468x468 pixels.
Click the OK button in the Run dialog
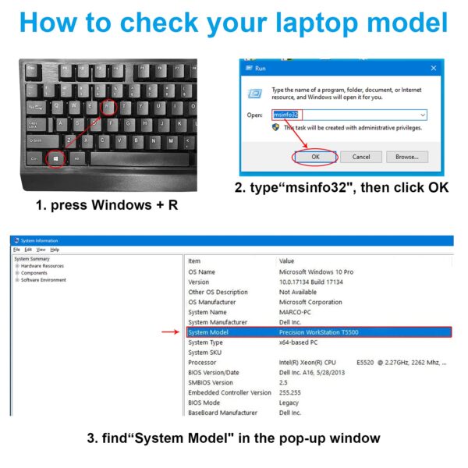coord(315,156)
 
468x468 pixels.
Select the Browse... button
coord(406,156)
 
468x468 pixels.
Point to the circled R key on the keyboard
coord(109,105)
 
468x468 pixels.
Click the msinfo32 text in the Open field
coord(285,115)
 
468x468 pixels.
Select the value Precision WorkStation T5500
coord(318,332)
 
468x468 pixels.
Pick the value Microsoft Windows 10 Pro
coord(316,271)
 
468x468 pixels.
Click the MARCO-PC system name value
coord(297,312)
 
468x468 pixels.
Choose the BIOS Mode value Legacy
coord(290,402)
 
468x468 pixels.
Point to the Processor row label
coord(204,363)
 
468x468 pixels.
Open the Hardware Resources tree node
coord(42,266)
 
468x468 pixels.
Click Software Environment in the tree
coord(44,280)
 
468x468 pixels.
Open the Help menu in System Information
coord(55,250)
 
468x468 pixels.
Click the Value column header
coord(286,261)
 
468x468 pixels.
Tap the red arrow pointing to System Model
coord(171,332)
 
